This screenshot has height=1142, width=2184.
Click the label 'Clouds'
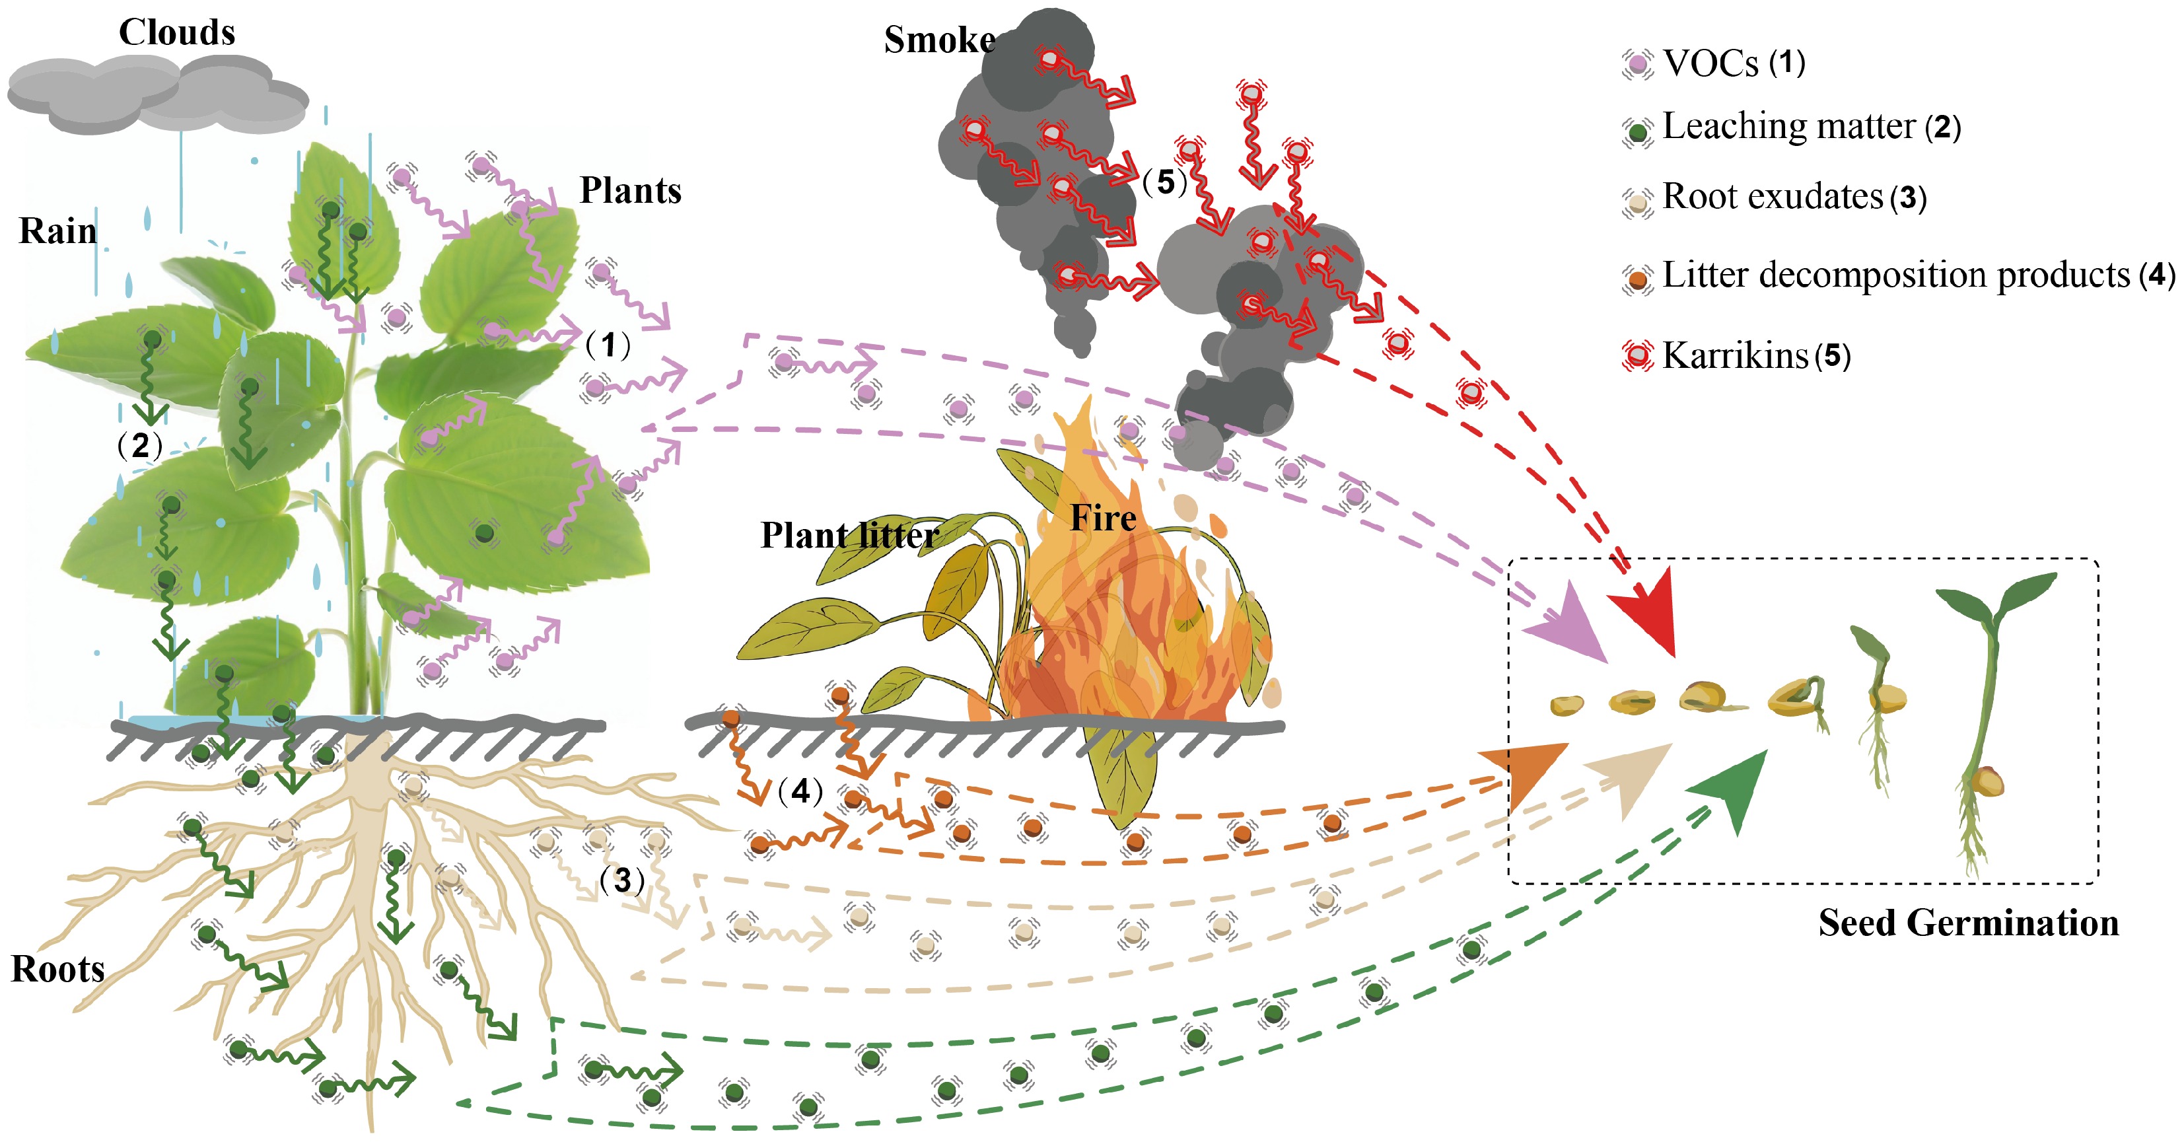176,32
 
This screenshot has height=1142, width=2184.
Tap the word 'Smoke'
938,40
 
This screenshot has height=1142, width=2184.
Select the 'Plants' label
630,191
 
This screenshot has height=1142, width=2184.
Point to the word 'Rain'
57,231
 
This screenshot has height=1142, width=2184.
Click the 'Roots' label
57,969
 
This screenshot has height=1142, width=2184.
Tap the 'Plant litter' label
849,535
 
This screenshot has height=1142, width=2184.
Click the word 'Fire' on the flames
1102,517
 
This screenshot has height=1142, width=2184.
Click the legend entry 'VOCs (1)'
1733,63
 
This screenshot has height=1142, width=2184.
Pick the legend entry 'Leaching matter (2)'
1810,126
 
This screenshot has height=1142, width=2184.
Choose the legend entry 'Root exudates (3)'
1793,197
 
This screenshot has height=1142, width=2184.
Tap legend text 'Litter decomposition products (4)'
1916,275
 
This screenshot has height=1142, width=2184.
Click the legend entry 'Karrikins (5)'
1755,355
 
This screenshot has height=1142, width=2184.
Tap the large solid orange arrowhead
1530,771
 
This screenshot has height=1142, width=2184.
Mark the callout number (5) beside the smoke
1165,182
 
